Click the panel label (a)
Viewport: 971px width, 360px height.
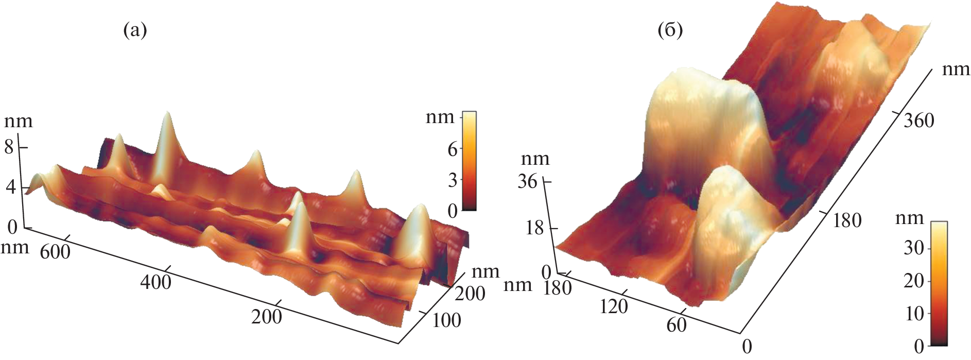pyautogui.click(x=135, y=31)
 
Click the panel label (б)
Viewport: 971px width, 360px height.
pyautogui.click(x=670, y=31)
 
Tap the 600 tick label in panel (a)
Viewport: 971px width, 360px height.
pyautogui.click(x=55, y=252)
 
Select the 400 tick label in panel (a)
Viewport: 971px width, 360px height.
pyautogui.click(x=155, y=282)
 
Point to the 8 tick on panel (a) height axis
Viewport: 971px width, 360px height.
pyautogui.click(x=9, y=148)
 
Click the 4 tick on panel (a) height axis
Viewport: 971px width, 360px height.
pyautogui.click(x=10, y=187)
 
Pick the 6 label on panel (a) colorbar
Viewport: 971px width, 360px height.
pyautogui.click(x=453, y=149)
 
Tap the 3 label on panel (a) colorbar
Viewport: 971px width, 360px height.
pyautogui.click(x=453, y=180)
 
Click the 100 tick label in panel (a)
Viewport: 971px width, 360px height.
pyautogui.click(x=446, y=320)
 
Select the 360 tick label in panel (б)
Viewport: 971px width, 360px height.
pyautogui.click(x=918, y=121)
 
